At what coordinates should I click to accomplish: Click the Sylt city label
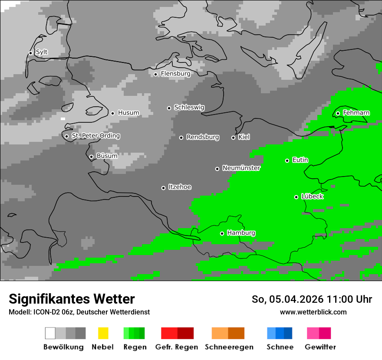42,52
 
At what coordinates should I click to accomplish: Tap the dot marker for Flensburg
155,74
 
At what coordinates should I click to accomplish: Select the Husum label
128,113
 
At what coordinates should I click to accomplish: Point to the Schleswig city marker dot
169,108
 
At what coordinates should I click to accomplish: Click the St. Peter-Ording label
95,136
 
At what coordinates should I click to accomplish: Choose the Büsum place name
107,156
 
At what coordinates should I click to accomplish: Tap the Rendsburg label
203,137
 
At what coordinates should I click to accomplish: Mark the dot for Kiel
233,137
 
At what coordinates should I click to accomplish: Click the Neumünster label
241,168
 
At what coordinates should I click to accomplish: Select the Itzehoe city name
180,187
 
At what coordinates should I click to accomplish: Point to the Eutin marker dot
287,160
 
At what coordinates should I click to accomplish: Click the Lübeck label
312,196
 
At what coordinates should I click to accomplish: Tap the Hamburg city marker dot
222,233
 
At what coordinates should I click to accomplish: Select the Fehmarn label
356,113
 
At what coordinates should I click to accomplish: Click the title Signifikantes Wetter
72,299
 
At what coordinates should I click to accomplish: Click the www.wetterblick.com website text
313,312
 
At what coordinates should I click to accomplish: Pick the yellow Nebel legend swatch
103,333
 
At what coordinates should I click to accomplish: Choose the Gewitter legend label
320,347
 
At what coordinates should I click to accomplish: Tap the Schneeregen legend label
229,347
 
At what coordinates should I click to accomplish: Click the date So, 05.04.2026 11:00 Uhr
312,299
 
